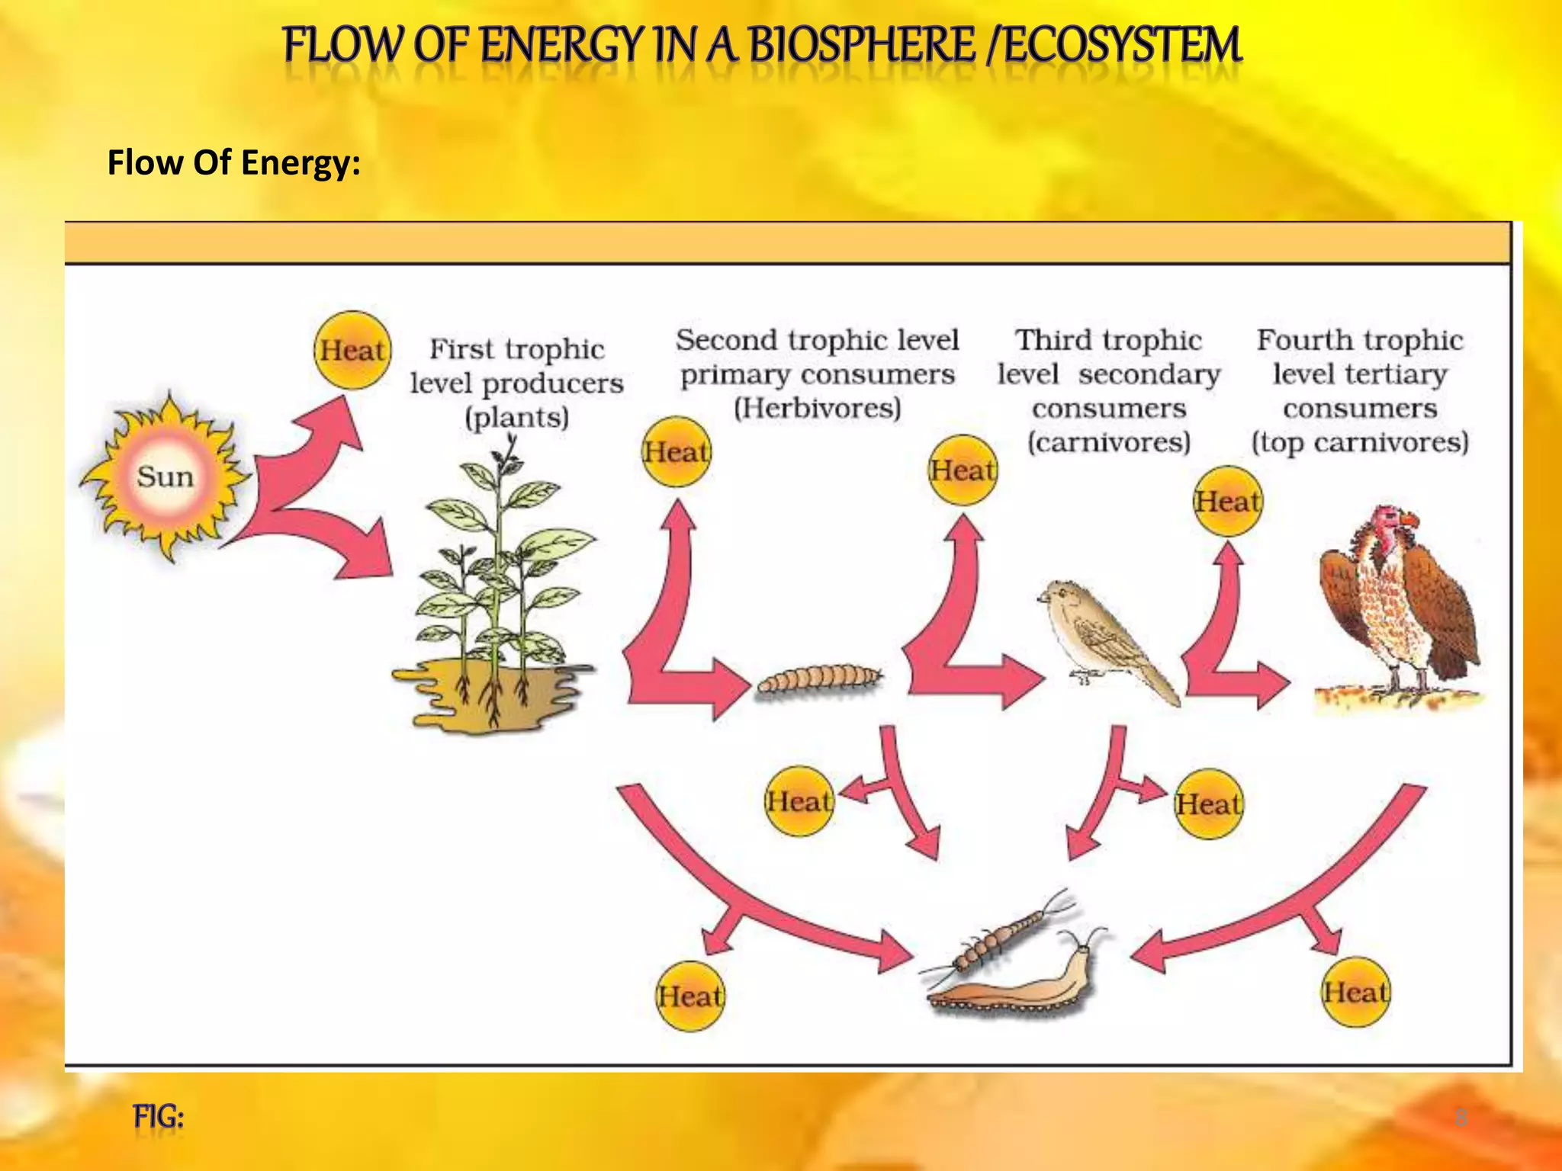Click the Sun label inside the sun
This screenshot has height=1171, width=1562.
coord(165,477)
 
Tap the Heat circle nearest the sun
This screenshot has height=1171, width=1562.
coord(352,351)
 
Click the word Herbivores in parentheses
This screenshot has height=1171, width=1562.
coord(818,409)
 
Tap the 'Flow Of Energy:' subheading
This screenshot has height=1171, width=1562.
coord(233,162)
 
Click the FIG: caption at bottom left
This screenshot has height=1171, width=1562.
coord(159,1117)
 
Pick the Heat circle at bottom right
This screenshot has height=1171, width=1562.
coord(1355,993)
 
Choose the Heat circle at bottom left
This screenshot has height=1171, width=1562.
coord(690,996)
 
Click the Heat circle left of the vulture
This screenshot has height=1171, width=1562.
coord(1227,502)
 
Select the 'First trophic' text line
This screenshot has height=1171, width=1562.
coord(516,349)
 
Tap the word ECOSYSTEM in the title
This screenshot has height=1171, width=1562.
coord(1121,46)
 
